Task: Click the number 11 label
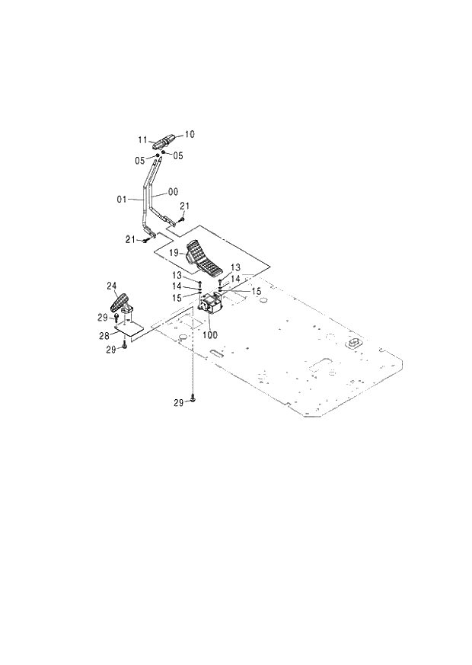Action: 142,139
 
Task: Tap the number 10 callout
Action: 190,134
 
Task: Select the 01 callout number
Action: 121,199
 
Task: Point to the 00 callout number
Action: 173,193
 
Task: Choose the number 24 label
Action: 111,286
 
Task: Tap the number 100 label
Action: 209,334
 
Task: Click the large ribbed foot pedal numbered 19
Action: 203,260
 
